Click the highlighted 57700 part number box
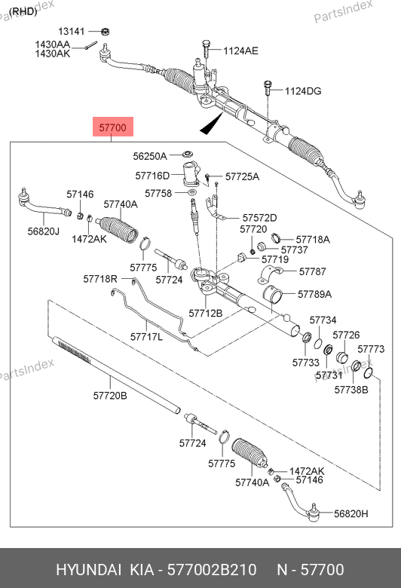point(113,127)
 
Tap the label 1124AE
point(240,51)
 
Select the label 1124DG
point(303,91)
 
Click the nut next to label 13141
point(105,32)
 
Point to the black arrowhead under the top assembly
point(212,125)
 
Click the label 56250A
point(150,156)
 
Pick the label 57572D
point(259,218)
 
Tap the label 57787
point(313,271)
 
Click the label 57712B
point(206,313)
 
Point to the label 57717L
point(146,337)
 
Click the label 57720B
point(110,396)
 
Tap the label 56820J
point(44,231)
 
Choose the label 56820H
point(351,513)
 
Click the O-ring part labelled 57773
point(369,372)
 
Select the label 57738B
point(351,390)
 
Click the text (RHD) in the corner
point(23,11)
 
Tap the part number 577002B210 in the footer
point(212,570)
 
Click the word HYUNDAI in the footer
point(88,570)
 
